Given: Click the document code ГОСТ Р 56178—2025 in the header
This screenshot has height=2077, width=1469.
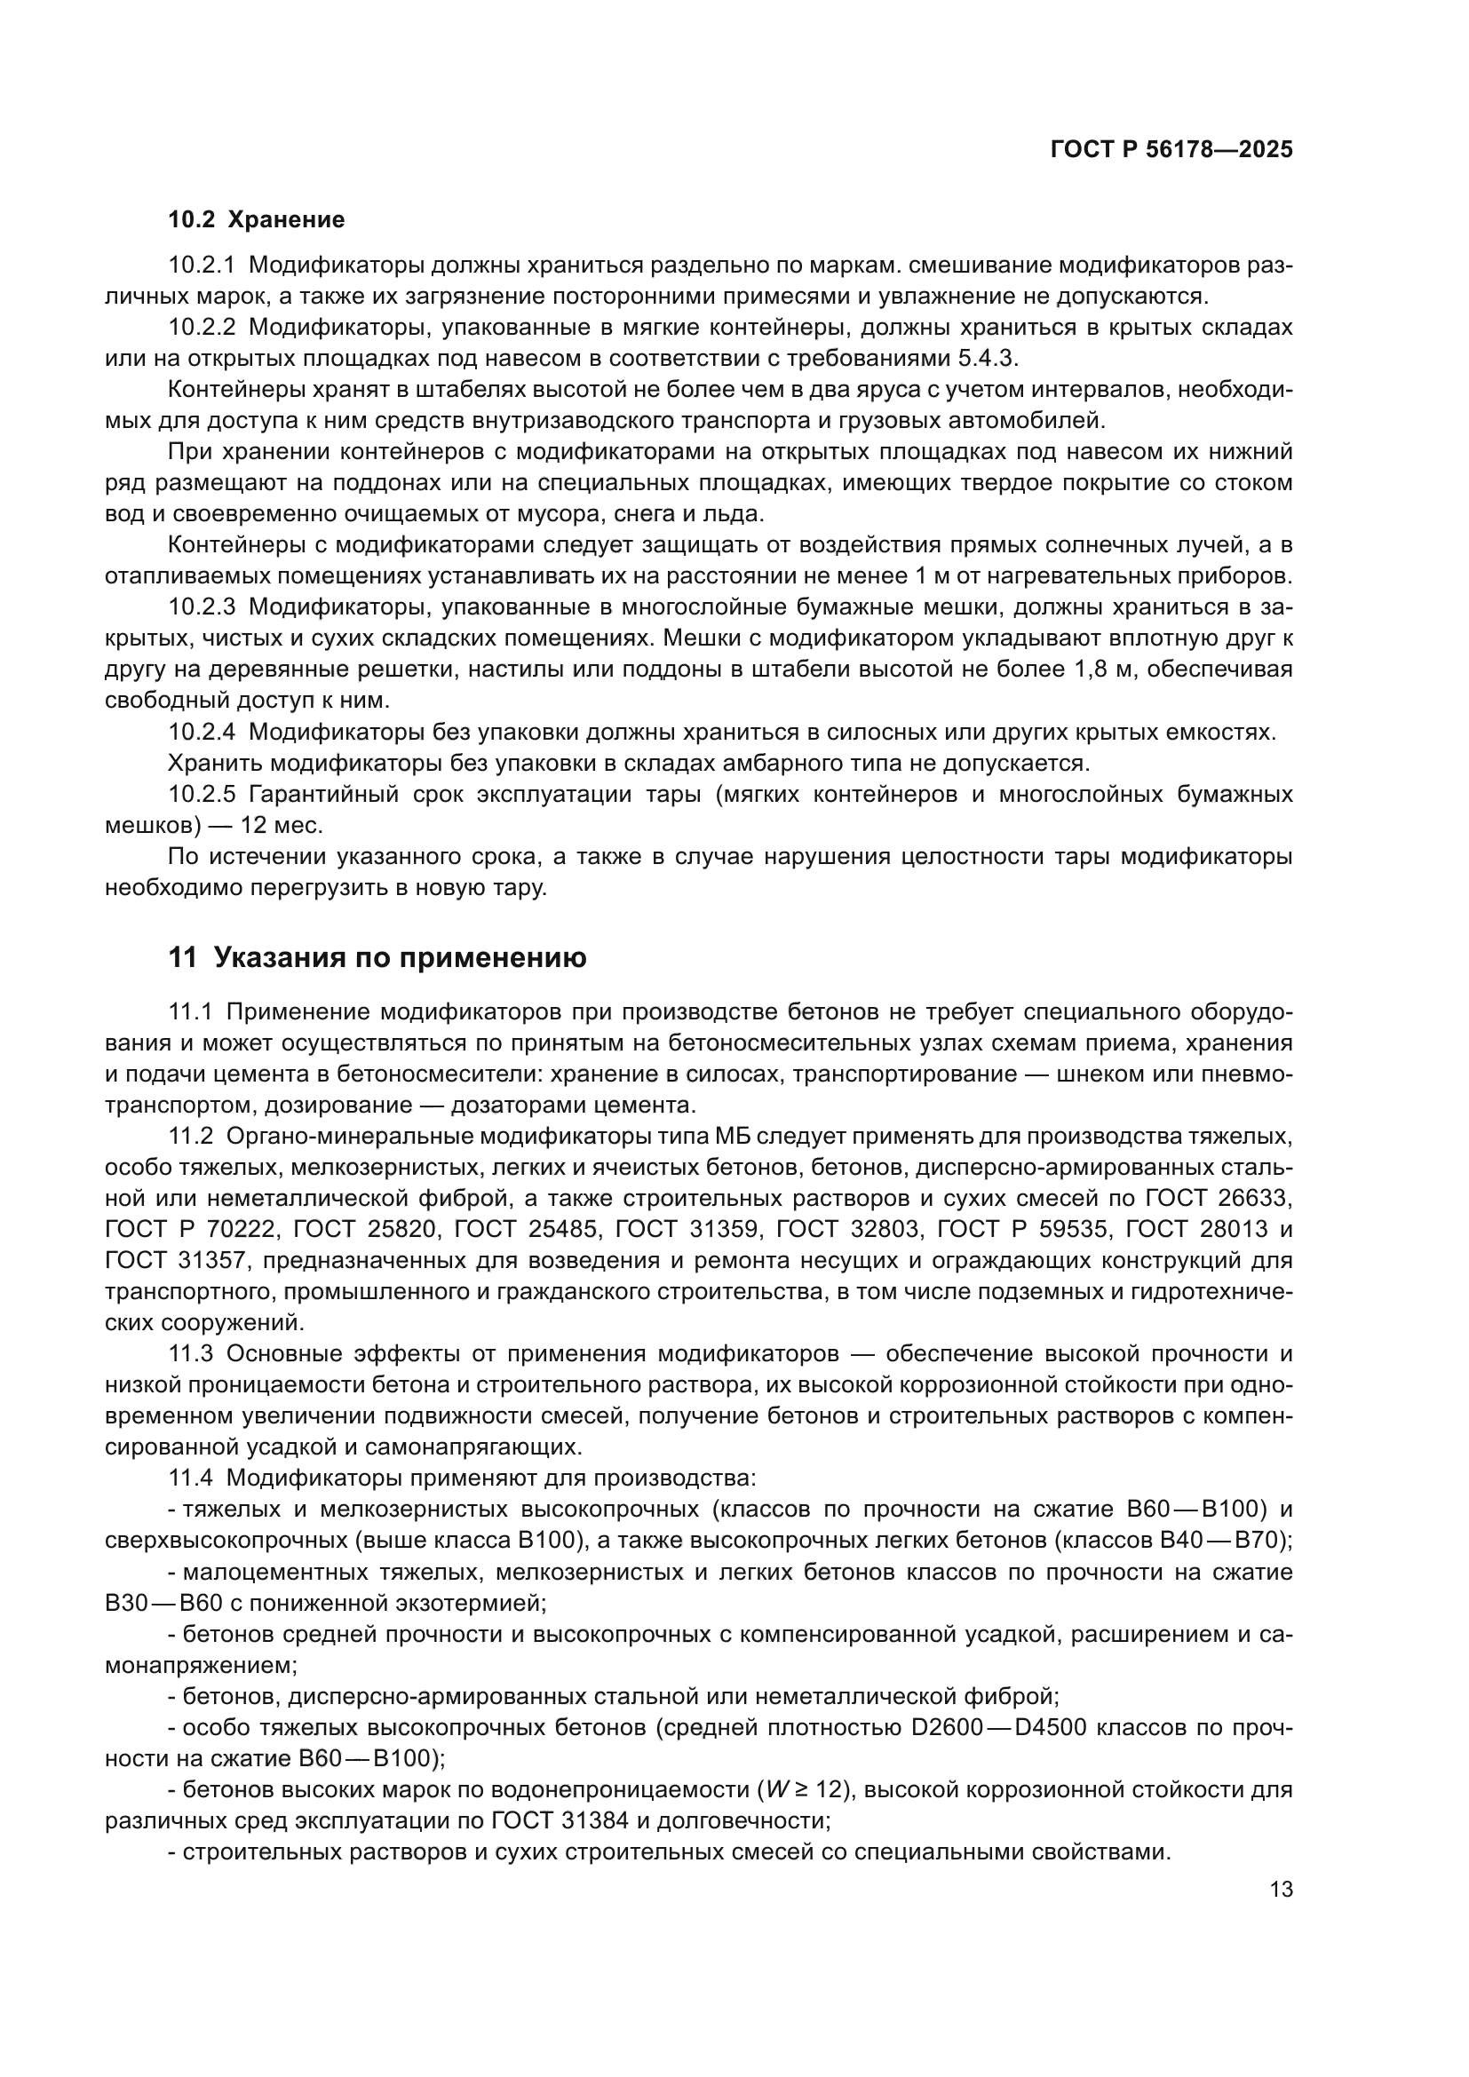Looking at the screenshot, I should point(1171,150).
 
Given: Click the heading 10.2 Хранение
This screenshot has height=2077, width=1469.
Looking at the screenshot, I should point(257,220).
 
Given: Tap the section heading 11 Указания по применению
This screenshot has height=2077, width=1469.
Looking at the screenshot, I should point(377,957).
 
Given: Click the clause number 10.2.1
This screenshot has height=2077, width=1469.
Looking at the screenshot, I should point(201,265).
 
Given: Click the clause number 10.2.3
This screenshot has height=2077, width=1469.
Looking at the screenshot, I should point(201,607).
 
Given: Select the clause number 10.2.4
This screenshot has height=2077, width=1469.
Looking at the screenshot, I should point(201,732).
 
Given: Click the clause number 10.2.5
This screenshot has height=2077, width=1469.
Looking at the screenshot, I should point(201,794).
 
